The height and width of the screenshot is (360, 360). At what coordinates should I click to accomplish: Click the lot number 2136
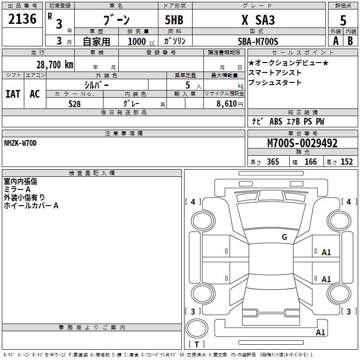click(22, 19)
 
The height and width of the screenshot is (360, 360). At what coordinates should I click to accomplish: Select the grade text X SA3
click(258, 20)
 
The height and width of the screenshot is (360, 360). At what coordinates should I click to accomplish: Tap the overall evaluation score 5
click(343, 20)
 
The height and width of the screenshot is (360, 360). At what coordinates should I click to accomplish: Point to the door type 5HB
click(174, 20)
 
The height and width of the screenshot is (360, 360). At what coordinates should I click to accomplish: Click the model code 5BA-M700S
click(258, 41)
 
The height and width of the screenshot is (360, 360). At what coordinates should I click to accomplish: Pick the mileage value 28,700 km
click(55, 65)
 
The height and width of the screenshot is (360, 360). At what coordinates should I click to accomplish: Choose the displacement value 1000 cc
click(141, 41)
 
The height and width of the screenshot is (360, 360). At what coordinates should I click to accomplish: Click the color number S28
click(74, 104)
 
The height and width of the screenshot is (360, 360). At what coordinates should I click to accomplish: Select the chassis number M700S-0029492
click(302, 143)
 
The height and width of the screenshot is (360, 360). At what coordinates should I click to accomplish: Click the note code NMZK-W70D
click(20, 143)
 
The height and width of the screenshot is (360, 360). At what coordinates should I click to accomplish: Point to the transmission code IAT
click(13, 94)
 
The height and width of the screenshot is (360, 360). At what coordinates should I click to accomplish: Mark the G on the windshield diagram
click(284, 237)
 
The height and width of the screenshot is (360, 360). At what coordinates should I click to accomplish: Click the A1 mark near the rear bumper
click(320, 332)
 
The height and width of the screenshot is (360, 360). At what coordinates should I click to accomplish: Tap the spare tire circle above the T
click(197, 328)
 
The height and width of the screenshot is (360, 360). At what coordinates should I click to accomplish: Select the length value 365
click(273, 162)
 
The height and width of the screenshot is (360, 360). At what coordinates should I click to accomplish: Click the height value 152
click(346, 162)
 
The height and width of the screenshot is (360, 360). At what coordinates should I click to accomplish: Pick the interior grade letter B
click(350, 41)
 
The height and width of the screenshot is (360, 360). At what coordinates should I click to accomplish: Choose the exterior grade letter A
click(336, 41)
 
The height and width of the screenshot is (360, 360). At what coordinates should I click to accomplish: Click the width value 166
click(310, 162)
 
